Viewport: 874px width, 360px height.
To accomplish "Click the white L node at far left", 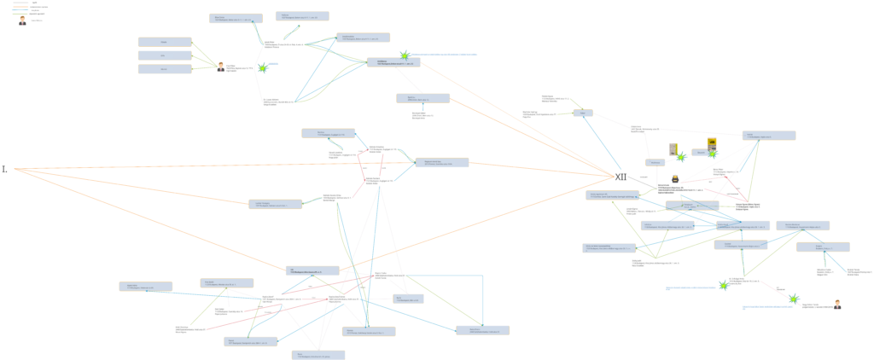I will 6,169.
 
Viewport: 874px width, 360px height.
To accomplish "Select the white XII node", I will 621,177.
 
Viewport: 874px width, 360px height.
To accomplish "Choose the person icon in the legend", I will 22,20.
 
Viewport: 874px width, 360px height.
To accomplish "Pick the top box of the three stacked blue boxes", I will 165,42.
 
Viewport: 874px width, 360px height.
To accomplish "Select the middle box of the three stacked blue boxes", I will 165,55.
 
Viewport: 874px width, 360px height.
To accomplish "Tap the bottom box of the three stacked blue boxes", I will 165,69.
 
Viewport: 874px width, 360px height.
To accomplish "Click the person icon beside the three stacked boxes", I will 221,66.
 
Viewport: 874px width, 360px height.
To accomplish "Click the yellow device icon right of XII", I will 712,143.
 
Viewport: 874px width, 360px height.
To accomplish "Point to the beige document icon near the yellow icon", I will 673,148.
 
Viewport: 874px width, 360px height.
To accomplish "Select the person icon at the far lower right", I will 837,304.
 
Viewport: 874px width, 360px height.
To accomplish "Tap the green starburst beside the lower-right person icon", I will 793,299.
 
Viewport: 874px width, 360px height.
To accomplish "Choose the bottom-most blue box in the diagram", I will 318,355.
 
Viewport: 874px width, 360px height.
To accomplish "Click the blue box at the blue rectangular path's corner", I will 482,330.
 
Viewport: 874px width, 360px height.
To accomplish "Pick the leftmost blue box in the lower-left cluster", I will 145,287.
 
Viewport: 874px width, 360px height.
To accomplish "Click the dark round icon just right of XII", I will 675,178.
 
